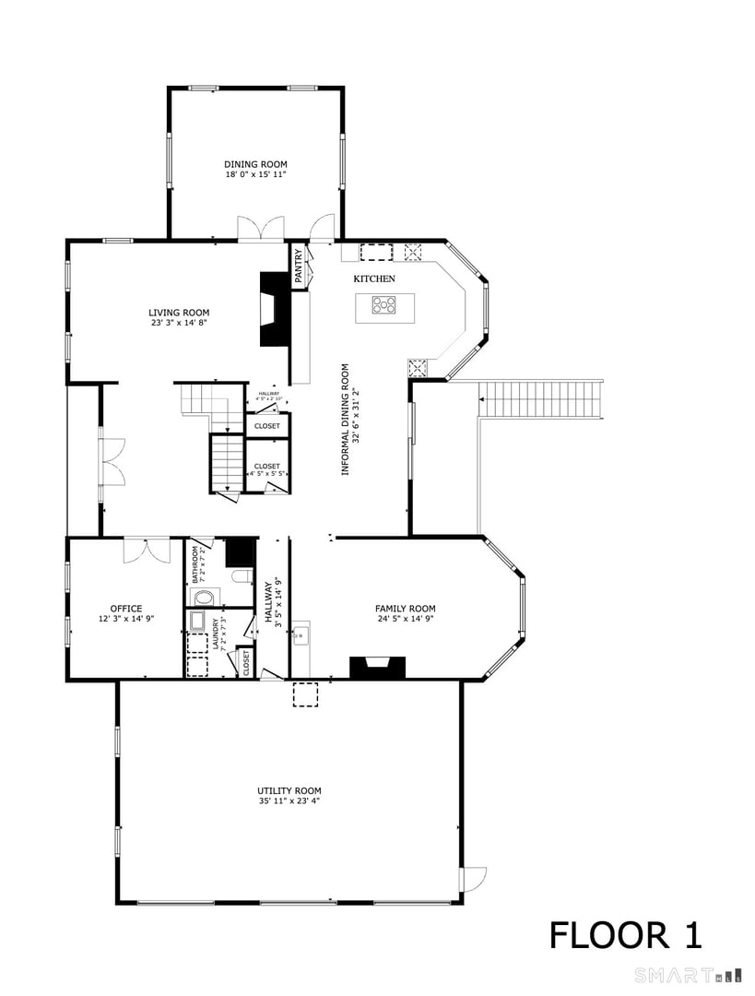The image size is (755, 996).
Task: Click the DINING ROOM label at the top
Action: (x=255, y=164)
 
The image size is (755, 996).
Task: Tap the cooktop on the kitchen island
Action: (x=385, y=304)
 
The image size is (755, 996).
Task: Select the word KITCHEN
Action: (x=374, y=279)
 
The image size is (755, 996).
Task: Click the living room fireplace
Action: (x=274, y=309)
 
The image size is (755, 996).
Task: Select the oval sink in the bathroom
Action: (x=202, y=597)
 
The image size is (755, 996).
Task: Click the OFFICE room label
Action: (x=126, y=609)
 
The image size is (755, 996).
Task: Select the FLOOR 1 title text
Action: (x=626, y=935)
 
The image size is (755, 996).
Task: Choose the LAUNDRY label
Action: (x=217, y=634)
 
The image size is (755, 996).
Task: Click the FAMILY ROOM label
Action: (x=405, y=609)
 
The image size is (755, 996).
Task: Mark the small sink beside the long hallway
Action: (x=300, y=636)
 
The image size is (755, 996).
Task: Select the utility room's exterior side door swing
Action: (x=474, y=878)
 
